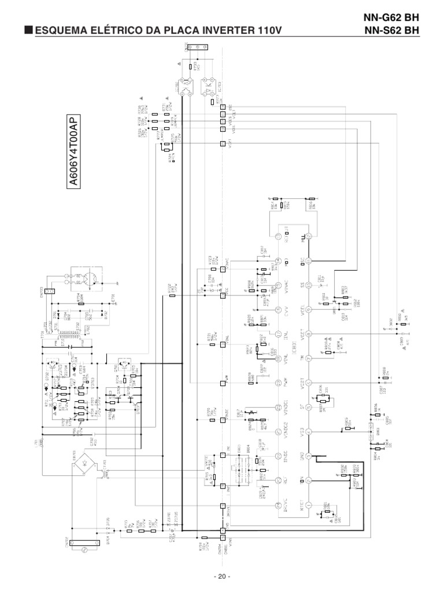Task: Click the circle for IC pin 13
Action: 277,236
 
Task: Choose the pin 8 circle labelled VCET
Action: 308,334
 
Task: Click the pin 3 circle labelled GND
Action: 308,456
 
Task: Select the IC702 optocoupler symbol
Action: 186,88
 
